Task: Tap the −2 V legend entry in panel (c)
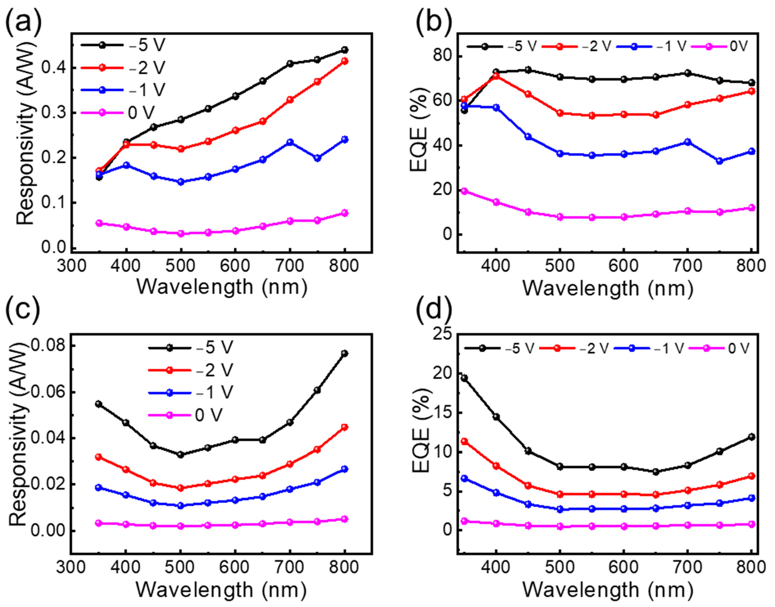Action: [190, 370]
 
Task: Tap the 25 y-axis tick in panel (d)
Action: [441, 334]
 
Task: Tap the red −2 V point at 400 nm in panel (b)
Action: [496, 76]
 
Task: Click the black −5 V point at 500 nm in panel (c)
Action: [181, 455]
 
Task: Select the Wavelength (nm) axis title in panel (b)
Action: [608, 288]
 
